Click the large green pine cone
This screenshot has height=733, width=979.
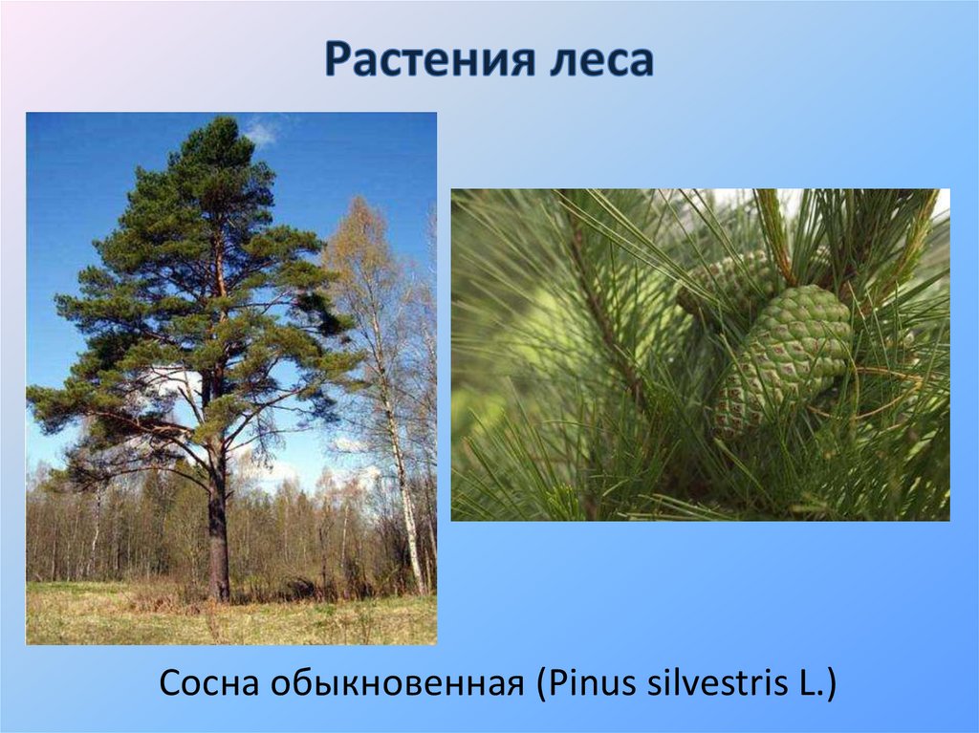coord(784,358)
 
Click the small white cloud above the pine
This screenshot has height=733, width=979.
coord(260,132)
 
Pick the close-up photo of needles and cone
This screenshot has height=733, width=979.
coord(700,355)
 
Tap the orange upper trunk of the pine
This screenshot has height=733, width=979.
coord(221,277)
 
